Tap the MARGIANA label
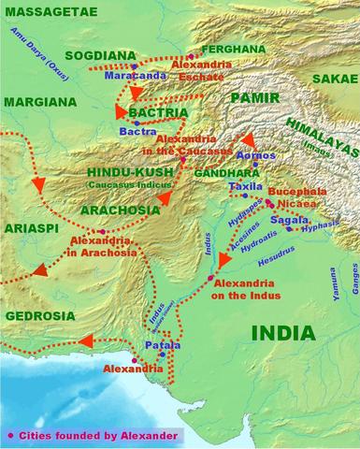pyautogui.click(x=39, y=99)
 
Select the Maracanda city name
pyautogui.click(x=136, y=78)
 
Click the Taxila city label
pyautogui.click(x=245, y=187)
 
